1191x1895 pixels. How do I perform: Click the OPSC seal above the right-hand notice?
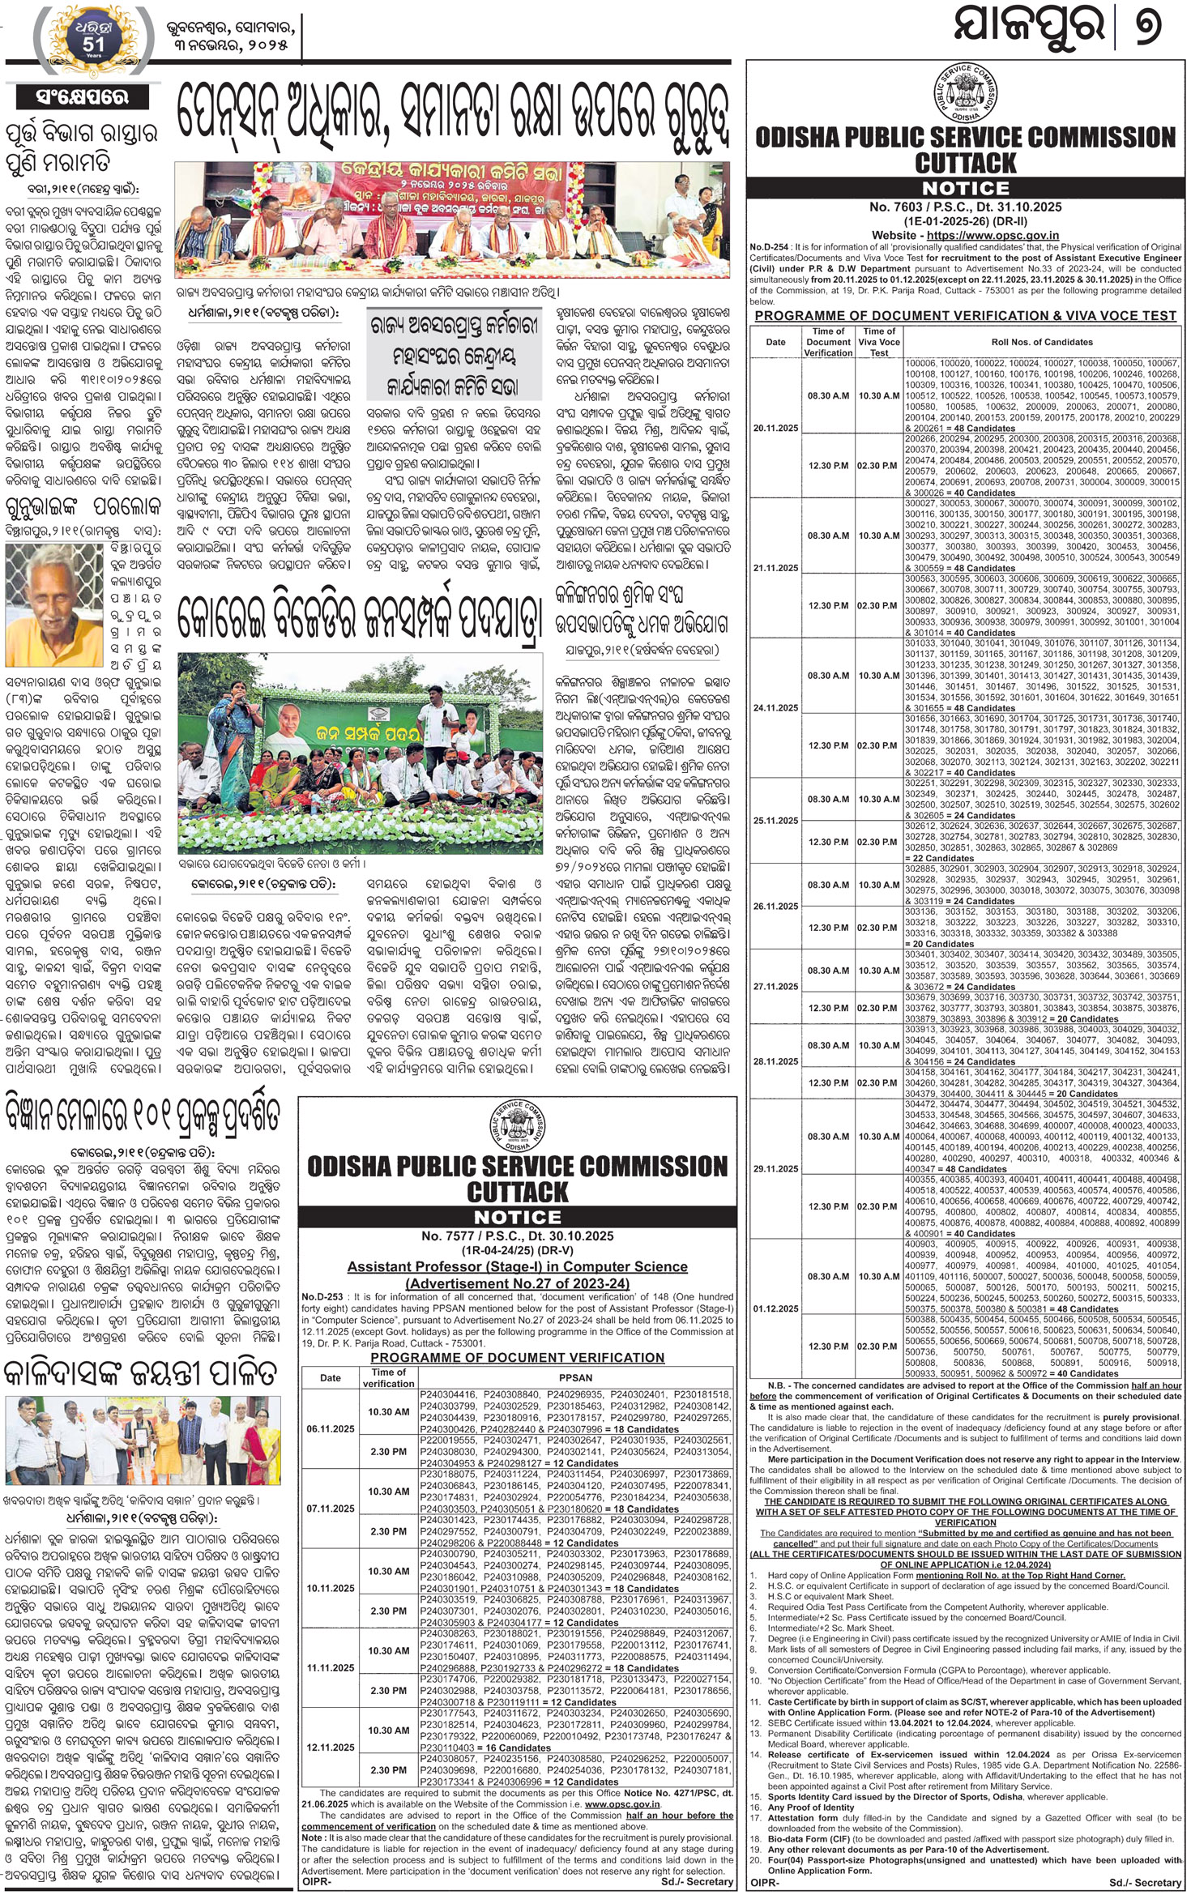pyautogui.click(x=964, y=93)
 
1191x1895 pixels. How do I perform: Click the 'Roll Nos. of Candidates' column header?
pyautogui.click(x=1042, y=342)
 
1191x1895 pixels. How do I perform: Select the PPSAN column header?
pyautogui.click(x=575, y=1377)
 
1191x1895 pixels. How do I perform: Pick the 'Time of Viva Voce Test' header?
pyautogui.click(x=879, y=342)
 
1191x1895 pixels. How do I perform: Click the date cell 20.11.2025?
pyautogui.click(x=775, y=428)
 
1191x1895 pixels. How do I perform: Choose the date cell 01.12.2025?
pyautogui.click(x=775, y=1308)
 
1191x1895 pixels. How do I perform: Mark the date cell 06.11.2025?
pyautogui.click(x=331, y=1428)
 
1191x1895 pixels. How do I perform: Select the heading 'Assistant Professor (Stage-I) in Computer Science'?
pyautogui.click(x=518, y=1266)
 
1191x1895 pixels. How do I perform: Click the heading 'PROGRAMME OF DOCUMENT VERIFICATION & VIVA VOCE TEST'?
pyautogui.click(x=965, y=315)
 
